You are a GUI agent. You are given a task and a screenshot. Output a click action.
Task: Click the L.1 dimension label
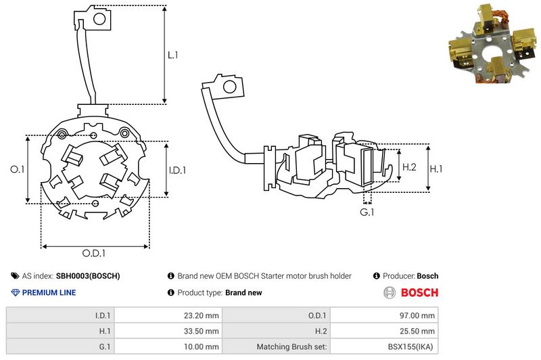coord(172,55)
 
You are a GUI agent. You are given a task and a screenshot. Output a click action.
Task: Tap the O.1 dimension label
coord(18,169)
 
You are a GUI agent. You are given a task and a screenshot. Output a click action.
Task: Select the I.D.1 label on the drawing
coord(177,170)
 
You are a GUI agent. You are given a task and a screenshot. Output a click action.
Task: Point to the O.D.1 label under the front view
coord(94,253)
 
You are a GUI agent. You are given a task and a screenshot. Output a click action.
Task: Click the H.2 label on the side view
coord(409,167)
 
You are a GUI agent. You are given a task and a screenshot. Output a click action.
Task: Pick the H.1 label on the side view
coord(436,168)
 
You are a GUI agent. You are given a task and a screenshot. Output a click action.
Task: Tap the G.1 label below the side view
coord(367,212)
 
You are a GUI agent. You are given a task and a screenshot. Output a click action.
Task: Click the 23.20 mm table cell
coord(168,315)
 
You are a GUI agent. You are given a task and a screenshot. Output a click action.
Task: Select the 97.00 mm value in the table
coord(384,315)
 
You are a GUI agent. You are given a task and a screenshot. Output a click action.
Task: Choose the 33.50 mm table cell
coord(168,331)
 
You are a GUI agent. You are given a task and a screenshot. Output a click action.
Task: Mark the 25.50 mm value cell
coord(384,331)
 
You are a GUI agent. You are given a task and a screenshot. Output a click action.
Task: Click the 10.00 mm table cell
coord(168,346)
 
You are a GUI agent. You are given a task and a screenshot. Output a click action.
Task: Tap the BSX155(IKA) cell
coord(384,346)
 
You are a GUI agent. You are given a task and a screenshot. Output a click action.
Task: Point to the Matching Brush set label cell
coord(277,346)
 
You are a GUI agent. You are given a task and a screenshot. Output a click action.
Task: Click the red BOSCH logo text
coord(419,293)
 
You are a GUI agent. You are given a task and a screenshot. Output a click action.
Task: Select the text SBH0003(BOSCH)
coord(88,276)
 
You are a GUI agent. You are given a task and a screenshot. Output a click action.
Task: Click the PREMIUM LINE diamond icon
coord(15,293)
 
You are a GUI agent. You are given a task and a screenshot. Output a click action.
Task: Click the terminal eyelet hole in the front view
coord(99,19)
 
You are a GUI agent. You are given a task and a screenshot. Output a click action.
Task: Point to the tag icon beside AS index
coord(15,276)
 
